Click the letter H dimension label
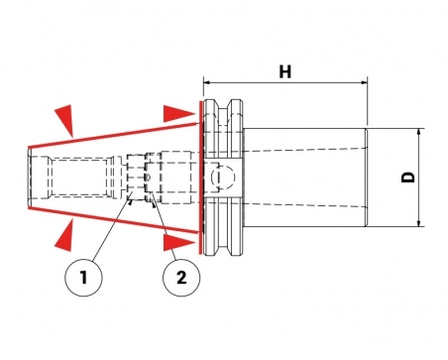click(285, 71)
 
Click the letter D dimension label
click(408, 178)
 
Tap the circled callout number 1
click(84, 278)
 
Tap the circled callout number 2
click(181, 278)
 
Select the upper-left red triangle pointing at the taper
click(65, 120)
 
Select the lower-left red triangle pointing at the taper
click(64, 236)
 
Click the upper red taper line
click(113, 135)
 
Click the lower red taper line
click(113, 220)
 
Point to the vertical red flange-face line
click(200, 178)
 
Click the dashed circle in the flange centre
click(223, 178)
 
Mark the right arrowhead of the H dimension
click(364, 82)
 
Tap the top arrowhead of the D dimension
click(419, 132)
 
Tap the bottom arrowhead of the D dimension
click(419, 223)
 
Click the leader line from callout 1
click(111, 228)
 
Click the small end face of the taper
click(30, 178)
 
